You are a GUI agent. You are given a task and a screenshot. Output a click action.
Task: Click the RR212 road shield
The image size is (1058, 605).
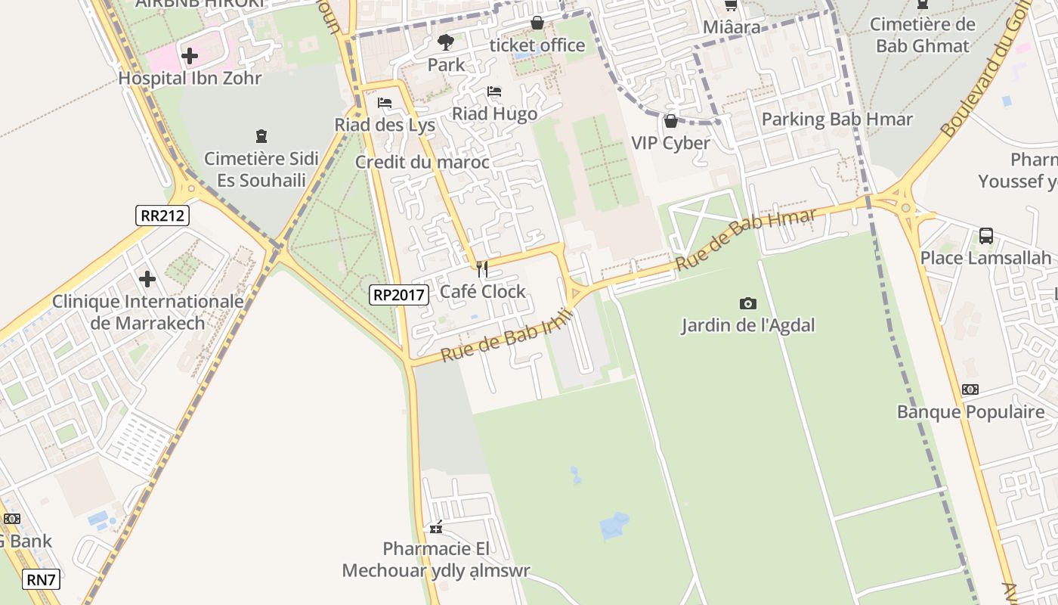pos(162,216)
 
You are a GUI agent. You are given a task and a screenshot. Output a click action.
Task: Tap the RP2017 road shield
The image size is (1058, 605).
pos(399,295)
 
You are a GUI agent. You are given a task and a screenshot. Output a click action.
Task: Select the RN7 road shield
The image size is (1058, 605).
pos(41,580)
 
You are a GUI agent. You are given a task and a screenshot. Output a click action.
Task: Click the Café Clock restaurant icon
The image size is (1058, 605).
pos(482,269)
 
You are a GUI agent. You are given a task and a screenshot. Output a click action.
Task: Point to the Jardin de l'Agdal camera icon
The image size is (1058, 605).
pos(748,303)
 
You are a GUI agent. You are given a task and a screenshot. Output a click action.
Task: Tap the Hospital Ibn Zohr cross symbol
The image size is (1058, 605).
pos(190,55)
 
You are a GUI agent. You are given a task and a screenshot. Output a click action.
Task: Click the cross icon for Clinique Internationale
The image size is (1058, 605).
pos(147,279)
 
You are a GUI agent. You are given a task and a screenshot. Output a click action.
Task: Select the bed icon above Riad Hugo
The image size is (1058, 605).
pos(494,92)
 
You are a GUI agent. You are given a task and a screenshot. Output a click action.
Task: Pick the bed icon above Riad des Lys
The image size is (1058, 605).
pos(385,103)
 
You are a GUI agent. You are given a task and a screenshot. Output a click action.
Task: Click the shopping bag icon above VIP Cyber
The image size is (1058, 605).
pos(670,121)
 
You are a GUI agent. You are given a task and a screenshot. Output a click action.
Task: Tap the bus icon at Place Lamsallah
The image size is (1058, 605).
pos(985,235)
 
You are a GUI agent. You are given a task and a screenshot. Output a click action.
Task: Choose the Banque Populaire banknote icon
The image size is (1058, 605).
pos(970,389)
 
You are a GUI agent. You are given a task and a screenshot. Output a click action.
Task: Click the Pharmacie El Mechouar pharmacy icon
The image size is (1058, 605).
pos(436,527)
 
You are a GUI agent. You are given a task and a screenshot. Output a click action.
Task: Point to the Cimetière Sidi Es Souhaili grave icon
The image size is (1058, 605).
pos(261,136)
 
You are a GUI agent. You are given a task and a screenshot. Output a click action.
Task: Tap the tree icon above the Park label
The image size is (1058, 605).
pos(446,42)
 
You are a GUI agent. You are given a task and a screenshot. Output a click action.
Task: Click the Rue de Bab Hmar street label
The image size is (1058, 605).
pos(746,240)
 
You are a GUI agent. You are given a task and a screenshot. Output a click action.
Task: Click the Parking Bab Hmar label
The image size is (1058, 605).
pos(837,119)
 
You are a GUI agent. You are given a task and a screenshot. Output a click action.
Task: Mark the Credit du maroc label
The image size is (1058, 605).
pos(422,162)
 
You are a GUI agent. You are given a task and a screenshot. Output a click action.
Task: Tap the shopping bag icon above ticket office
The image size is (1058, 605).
pos(537,23)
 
